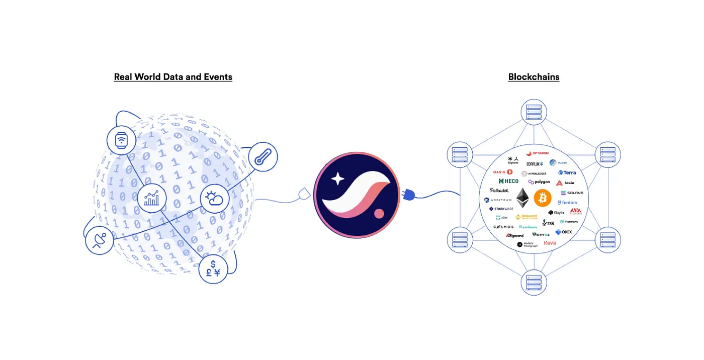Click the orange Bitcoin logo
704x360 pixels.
pyautogui.click(x=543, y=198)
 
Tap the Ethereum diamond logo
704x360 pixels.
pyautogui.click(x=522, y=198)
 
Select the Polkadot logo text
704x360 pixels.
pyautogui.click(x=499, y=191)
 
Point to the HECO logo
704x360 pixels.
pyautogui.click(x=508, y=181)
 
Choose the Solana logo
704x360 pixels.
pyautogui.click(x=571, y=193)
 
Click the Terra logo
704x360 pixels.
pyautogui.click(x=567, y=172)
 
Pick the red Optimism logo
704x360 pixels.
pyautogui.click(x=537, y=153)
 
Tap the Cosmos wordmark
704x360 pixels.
pyautogui.click(x=503, y=227)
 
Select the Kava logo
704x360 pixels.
pyautogui.click(x=550, y=243)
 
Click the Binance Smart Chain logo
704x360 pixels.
pyautogui.click(x=526, y=217)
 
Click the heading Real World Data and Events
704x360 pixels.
pyautogui.click(x=173, y=77)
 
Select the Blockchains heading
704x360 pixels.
pyautogui.click(x=534, y=77)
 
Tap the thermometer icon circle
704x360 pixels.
pyautogui.click(x=263, y=157)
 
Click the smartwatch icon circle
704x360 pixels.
pyautogui.click(x=121, y=140)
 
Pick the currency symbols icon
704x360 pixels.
pyautogui.click(x=213, y=268)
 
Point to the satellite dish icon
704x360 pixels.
pyautogui.click(x=100, y=240)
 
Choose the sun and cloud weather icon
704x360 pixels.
pyautogui.click(x=215, y=198)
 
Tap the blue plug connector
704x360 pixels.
pyautogui.click(x=408, y=195)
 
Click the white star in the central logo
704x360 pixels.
pyautogui.click(x=337, y=179)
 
